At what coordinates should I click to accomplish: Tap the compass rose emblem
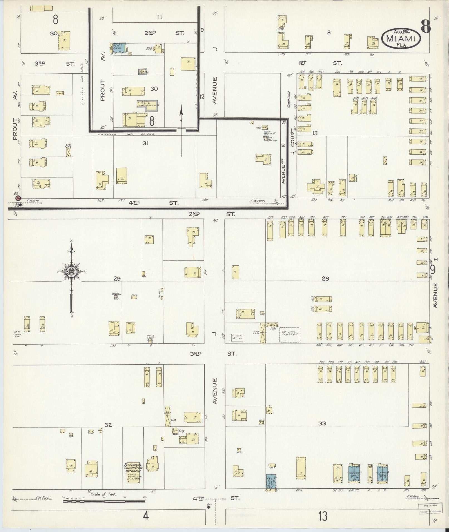click(x=72, y=272)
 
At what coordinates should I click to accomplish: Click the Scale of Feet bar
click(x=104, y=501)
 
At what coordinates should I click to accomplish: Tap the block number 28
click(x=325, y=278)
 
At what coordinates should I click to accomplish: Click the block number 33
click(x=322, y=424)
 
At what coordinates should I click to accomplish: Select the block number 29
click(x=117, y=278)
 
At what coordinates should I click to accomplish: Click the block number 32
click(x=108, y=425)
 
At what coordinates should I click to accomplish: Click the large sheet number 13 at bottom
click(x=323, y=516)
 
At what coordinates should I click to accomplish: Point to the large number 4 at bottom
click(x=146, y=516)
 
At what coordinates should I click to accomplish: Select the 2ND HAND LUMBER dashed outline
click(x=289, y=334)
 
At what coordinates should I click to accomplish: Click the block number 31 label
click(x=145, y=143)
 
